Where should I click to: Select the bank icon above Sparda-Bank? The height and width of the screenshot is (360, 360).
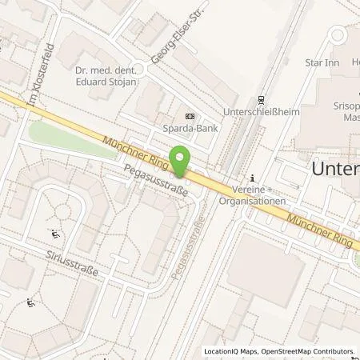[x=189, y=113]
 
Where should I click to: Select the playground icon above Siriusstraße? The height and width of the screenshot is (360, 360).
[x=54, y=234]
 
